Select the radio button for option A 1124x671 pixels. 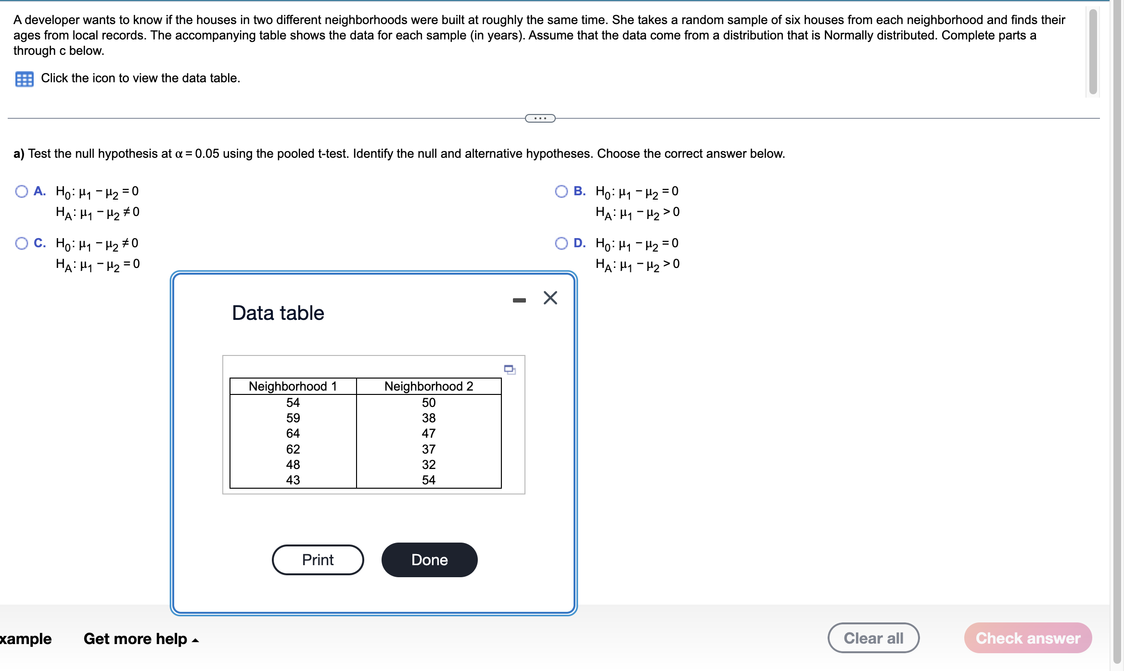[22, 191]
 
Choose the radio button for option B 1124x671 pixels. [561, 191]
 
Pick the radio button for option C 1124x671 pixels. [22, 243]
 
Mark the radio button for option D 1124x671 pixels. [561, 243]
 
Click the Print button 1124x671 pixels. [318, 560]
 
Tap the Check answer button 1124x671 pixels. [1028, 638]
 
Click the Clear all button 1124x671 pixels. [873, 638]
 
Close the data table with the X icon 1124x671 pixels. [550, 298]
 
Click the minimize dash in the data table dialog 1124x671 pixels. [519, 300]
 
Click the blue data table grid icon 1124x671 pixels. [24, 79]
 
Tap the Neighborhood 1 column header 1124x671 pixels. [293, 386]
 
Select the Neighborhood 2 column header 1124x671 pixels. [428, 386]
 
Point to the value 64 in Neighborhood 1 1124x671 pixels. [293, 433]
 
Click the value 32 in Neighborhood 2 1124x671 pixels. [428, 465]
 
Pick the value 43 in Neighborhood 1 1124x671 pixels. [293, 480]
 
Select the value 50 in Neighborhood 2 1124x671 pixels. [428, 403]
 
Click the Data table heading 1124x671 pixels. [278, 313]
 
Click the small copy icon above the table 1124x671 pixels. [510, 369]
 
